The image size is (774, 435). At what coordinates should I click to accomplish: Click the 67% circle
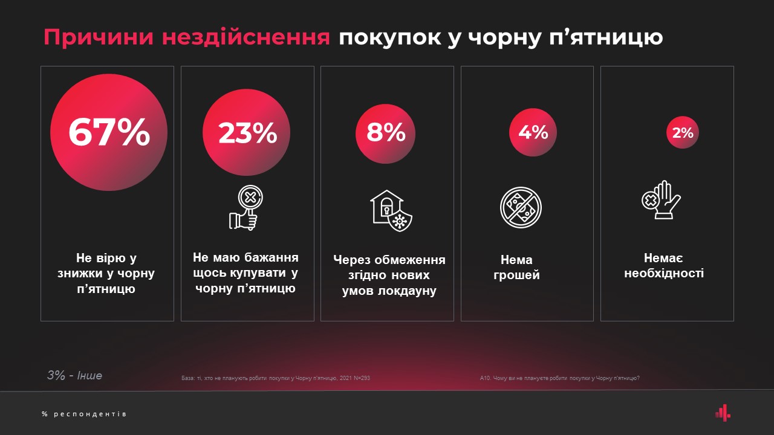(x=109, y=133)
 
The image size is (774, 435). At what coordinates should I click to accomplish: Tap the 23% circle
(x=247, y=133)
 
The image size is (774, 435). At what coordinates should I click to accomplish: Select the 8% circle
(x=386, y=133)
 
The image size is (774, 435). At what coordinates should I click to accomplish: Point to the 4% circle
(x=533, y=132)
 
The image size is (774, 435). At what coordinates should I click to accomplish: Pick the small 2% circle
(x=683, y=132)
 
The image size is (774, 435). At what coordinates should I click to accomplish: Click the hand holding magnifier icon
(x=246, y=208)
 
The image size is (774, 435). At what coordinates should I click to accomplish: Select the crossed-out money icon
(x=521, y=207)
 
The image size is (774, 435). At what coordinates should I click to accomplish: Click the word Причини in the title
(x=92, y=37)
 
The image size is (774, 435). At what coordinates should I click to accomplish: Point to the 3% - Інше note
(x=75, y=376)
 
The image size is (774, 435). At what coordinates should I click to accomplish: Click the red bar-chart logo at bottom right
(x=723, y=413)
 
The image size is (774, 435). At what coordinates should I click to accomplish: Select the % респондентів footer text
(x=84, y=414)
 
